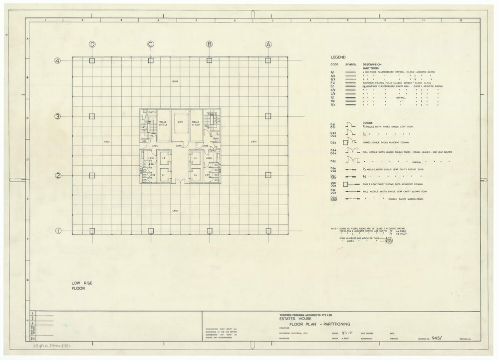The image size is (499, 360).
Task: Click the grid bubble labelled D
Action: (92, 44)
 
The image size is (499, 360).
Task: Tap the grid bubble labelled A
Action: (268, 44)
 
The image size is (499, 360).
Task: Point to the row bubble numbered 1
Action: (58, 231)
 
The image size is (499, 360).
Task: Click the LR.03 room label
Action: (175, 81)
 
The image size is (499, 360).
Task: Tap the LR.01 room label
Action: (175, 211)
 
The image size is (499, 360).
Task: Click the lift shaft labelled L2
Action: (164, 158)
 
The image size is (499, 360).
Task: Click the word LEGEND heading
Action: (338, 57)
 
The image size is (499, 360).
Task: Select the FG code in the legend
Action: (332, 83)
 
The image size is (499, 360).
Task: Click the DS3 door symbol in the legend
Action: (351, 142)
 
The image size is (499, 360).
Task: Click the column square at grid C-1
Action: (151, 231)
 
